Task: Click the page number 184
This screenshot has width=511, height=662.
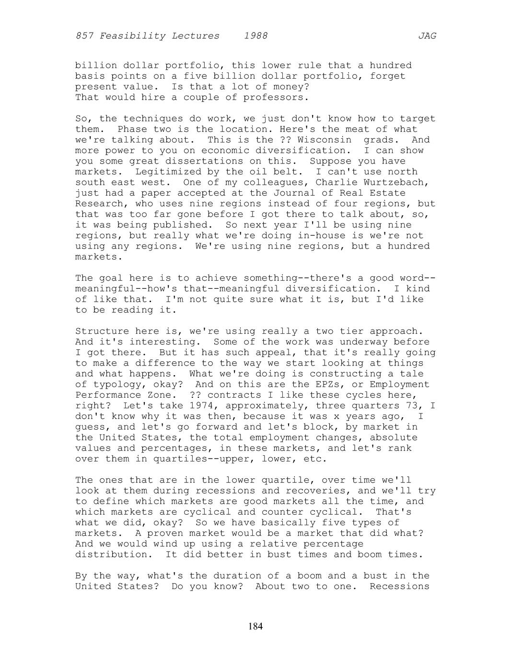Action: (x=255, y=627)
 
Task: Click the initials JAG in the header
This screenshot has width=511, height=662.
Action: (x=427, y=36)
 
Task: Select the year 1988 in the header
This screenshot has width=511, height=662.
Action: (x=255, y=36)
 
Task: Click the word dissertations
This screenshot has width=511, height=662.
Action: (x=208, y=161)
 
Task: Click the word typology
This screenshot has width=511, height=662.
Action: (x=114, y=385)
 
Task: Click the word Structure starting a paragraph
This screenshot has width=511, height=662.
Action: (x=102, y=331)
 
